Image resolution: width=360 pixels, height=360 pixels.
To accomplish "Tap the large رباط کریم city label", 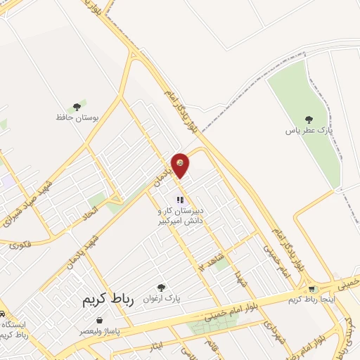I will (103, 300).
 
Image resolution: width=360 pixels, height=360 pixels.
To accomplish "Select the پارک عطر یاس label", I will (308, 130).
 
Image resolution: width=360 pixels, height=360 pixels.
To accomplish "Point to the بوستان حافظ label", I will (79, 117).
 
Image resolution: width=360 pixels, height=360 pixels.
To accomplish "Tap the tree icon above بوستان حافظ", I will (82, 106).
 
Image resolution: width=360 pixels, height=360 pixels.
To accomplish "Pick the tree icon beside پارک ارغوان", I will (162, 287).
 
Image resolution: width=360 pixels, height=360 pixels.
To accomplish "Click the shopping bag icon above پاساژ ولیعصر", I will (99, 320).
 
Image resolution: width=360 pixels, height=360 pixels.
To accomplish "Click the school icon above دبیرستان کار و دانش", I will (179, 200).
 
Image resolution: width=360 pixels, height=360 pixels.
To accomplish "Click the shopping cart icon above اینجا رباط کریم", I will (311, 289).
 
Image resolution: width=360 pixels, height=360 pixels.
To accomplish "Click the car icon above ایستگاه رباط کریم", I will (3, 314).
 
